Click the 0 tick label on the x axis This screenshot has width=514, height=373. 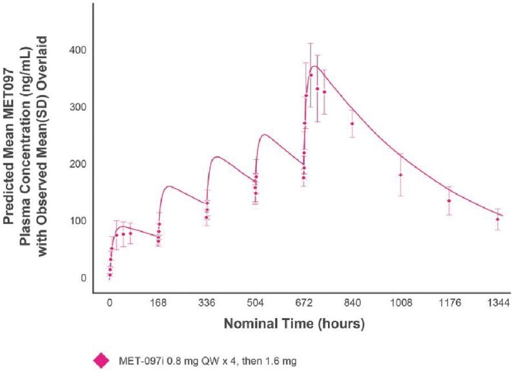[x=110, y=301]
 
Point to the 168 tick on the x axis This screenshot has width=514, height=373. [x=158, y=301]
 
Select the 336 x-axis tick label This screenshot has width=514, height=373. [x=207, y=301]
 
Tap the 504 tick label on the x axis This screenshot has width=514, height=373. [x=255, y=301]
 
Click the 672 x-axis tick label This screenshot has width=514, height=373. [x=304, y=301]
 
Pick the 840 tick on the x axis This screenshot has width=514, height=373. [x=353, y=301]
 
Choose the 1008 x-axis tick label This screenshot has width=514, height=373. [x=400, y=301]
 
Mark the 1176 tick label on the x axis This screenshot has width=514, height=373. [x=449, y=301]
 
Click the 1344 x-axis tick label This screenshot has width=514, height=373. [x=497, y=301]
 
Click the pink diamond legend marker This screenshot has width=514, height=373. [x=101, y=360]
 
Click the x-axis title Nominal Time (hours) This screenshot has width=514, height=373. [x=294, y=323]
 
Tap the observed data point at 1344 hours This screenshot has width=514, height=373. [x=497, y=219]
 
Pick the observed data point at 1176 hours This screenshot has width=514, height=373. [x=449, y=201]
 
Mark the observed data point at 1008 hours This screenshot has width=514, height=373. [x=400, y=175]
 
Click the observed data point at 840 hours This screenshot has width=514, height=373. [x=352, y=124]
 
